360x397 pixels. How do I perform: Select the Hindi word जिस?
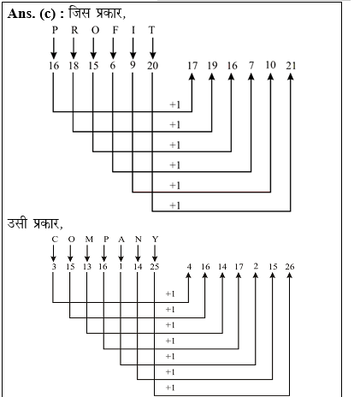(x=80, y=13)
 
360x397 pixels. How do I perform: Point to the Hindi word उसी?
(x=18, y=222)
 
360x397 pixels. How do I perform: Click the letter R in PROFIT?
(x=74, y=30)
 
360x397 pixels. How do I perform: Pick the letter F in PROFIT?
(x=115, y=30)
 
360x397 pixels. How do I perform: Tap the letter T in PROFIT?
(x=151, y=30)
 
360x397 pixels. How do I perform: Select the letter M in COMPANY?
(x=89, y=240)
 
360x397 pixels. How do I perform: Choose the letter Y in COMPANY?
(x=155, y=240)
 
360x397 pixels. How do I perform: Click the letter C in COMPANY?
(x=55, y=240)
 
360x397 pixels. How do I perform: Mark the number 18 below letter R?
(x=74, y=66)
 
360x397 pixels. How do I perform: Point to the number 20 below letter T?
(x=152, y=66)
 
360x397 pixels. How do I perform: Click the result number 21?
(x=291, y=66)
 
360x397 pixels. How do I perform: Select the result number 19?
(x=212, y=66)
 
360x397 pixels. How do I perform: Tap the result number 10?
(x=270, y=65)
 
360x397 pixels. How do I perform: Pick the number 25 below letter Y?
(x=155, y=267)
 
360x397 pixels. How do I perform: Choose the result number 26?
(x=290, y=267)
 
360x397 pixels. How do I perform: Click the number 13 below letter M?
(x=87, y=267)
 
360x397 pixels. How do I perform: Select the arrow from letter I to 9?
(x=133, y=49)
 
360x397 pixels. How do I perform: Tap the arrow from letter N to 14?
(x=138, y=253)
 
